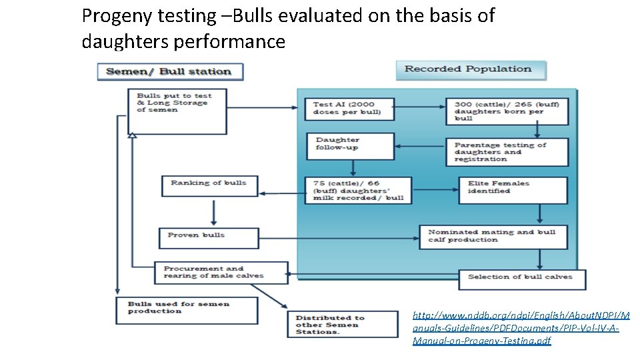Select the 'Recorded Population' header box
471,69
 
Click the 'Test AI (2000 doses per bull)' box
349,109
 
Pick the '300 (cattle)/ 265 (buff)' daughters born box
507,111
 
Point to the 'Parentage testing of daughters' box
511,152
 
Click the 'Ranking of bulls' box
209,185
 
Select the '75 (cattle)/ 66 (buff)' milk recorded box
358,190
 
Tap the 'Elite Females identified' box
513,190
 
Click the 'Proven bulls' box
209,237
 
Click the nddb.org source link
516,327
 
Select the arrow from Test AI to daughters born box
420,106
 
